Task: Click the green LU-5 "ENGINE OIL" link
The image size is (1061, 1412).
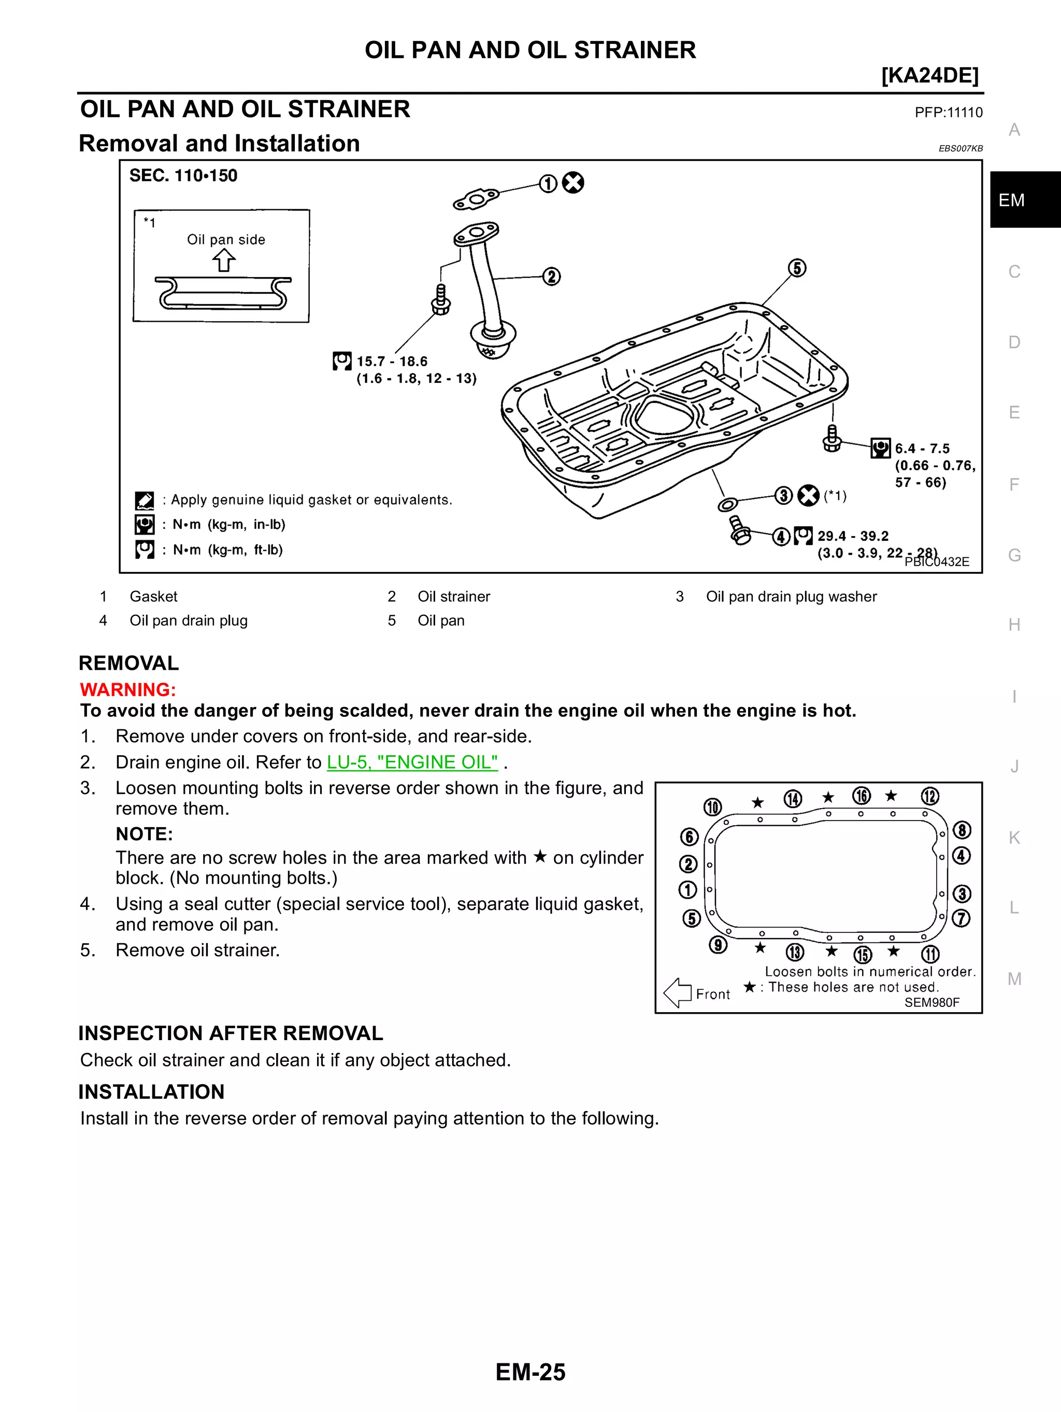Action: pos(412,762)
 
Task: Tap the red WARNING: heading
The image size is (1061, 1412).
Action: pos(127,689)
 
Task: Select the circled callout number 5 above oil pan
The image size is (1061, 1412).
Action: pos(797,268)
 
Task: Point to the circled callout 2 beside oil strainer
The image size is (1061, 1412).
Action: pos(552,277)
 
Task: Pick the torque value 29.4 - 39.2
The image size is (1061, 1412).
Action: pos(853,536)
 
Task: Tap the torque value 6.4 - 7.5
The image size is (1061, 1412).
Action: pos(922,449)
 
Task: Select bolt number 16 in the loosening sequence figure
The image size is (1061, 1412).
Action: pos(861,796)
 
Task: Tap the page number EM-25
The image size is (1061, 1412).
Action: pos(530,1372)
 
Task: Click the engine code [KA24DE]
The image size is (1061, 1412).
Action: pos(929,75)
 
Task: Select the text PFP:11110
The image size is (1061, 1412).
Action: pos(948,113)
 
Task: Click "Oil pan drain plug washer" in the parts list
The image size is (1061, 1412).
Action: pos(791,596)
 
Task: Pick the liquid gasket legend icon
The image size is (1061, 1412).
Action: pos(145,500)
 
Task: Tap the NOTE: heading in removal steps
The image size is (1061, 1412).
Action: pos(144,833)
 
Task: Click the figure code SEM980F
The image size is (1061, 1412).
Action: pos(931,1002)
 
